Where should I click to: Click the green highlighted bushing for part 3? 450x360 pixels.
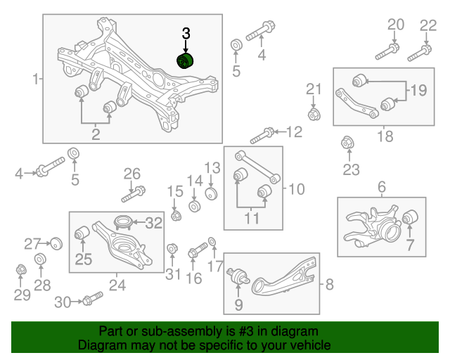186,61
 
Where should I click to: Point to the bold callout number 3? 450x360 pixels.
186,33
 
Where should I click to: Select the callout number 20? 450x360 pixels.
396,25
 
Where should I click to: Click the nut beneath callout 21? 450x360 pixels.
314,113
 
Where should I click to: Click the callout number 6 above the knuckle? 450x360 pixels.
382,187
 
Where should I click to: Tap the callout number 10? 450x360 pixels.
297,188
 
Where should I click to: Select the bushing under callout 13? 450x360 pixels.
210,193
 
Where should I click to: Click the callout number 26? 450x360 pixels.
132,174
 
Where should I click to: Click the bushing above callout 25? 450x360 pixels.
82,231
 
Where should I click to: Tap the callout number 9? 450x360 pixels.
238,304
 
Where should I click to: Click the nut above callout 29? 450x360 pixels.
21,269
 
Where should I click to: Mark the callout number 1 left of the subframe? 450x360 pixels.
36,79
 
